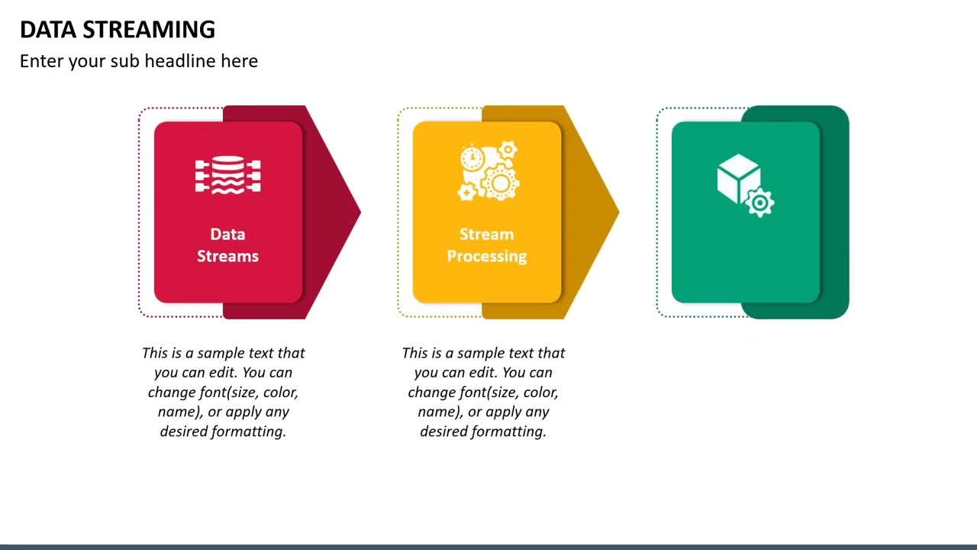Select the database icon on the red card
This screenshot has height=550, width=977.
pyautogui.click(x=227, y=175)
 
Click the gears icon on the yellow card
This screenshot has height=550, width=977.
pyautogui.click(x=489, y=172)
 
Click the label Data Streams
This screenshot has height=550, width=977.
pyautogui.click(x=227, y=245)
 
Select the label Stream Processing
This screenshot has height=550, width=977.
pyautogui.click(x=486, y=245)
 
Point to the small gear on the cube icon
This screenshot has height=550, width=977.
pyautogui.click(x=759, y=203)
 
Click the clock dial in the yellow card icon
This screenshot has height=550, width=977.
pyautogui.click(x=472, y=158)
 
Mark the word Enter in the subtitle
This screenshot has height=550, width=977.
pyautogui.click(x=42, y=61)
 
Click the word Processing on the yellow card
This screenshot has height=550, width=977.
pyautogui.click(x=486, y=257)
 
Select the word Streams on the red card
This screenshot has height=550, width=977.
pyautogui.click(x=227, y=257)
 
